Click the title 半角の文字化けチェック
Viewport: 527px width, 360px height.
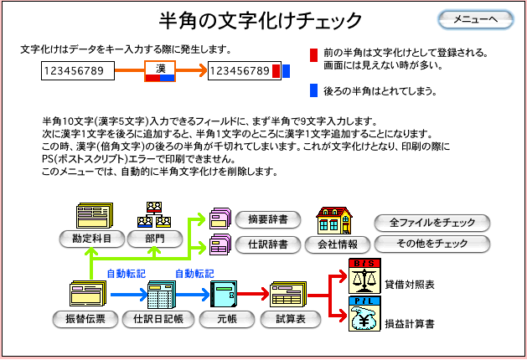[261, 19]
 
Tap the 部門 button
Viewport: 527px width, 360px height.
[154, 239]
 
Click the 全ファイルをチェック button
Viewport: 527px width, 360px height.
[431, 223]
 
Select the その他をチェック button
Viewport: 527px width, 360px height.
[431, 244]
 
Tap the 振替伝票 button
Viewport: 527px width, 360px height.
[85, 319]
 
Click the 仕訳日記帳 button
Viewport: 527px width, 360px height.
[157, 319]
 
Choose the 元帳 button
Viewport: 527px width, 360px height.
[223, 319]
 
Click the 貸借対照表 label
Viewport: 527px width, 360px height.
[410, 285]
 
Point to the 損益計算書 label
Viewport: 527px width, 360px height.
[410, 323]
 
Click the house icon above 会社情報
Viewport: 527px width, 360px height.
[332, 221]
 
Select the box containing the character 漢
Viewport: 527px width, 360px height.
[159, 71]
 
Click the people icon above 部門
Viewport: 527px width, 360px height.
[154, 215]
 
